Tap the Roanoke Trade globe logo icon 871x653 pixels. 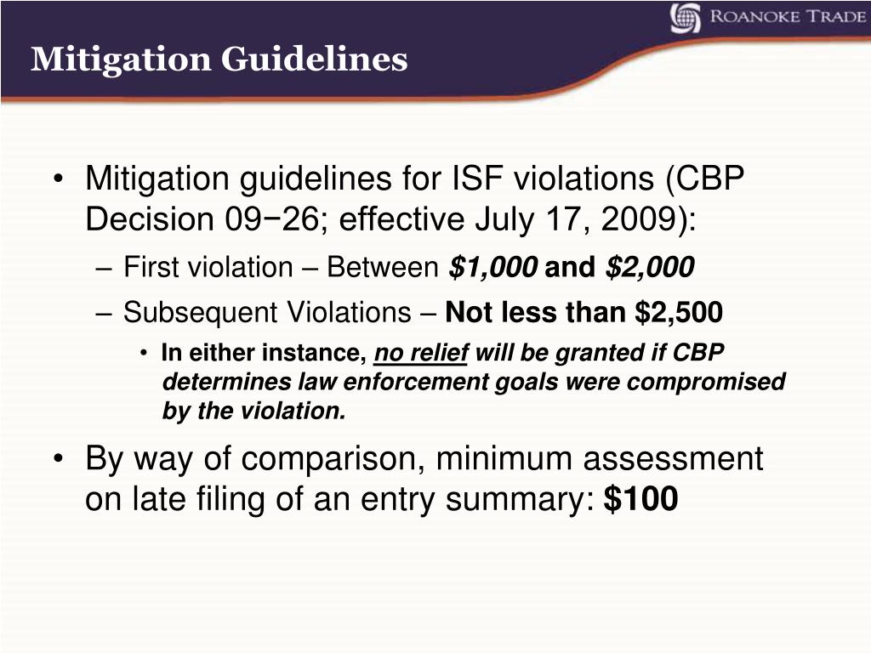click(686, 18)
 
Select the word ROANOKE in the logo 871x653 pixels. click(746, 18)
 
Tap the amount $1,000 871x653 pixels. click(493, 268)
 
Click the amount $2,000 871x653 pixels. click(650, 268)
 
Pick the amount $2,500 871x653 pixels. click(680, 313)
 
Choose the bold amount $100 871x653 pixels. click(640, 500)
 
